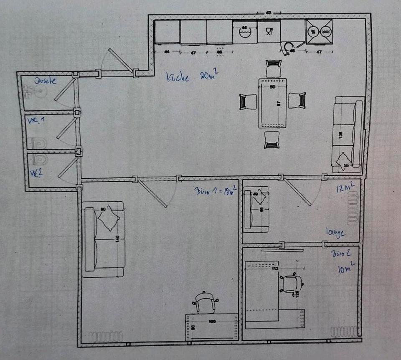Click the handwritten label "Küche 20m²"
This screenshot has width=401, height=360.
[x=190, y=77]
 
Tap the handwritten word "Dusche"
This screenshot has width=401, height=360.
[x=46, y=81]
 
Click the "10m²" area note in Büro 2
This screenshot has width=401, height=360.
[x=346, y=269]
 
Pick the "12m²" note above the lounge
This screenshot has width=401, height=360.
[x=346, y=188]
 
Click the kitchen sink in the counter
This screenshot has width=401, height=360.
[x=244, y=32]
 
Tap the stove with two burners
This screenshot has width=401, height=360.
[x=320, y=31]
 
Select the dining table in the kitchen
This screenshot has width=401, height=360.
[x=273, y=103]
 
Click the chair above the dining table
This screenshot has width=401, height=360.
[x=273, y=68]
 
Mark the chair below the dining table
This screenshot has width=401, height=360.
[x=272, y=139]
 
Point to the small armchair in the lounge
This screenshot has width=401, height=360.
[x=256, y=208]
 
